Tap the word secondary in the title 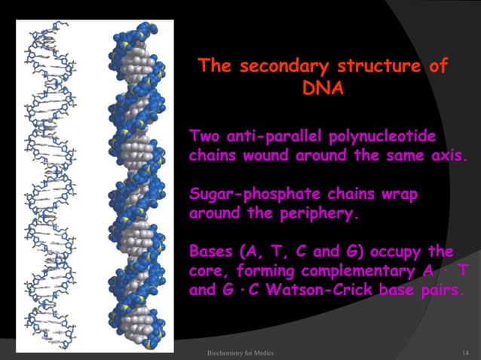tap(284, 66)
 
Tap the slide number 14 tap(465, 353)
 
